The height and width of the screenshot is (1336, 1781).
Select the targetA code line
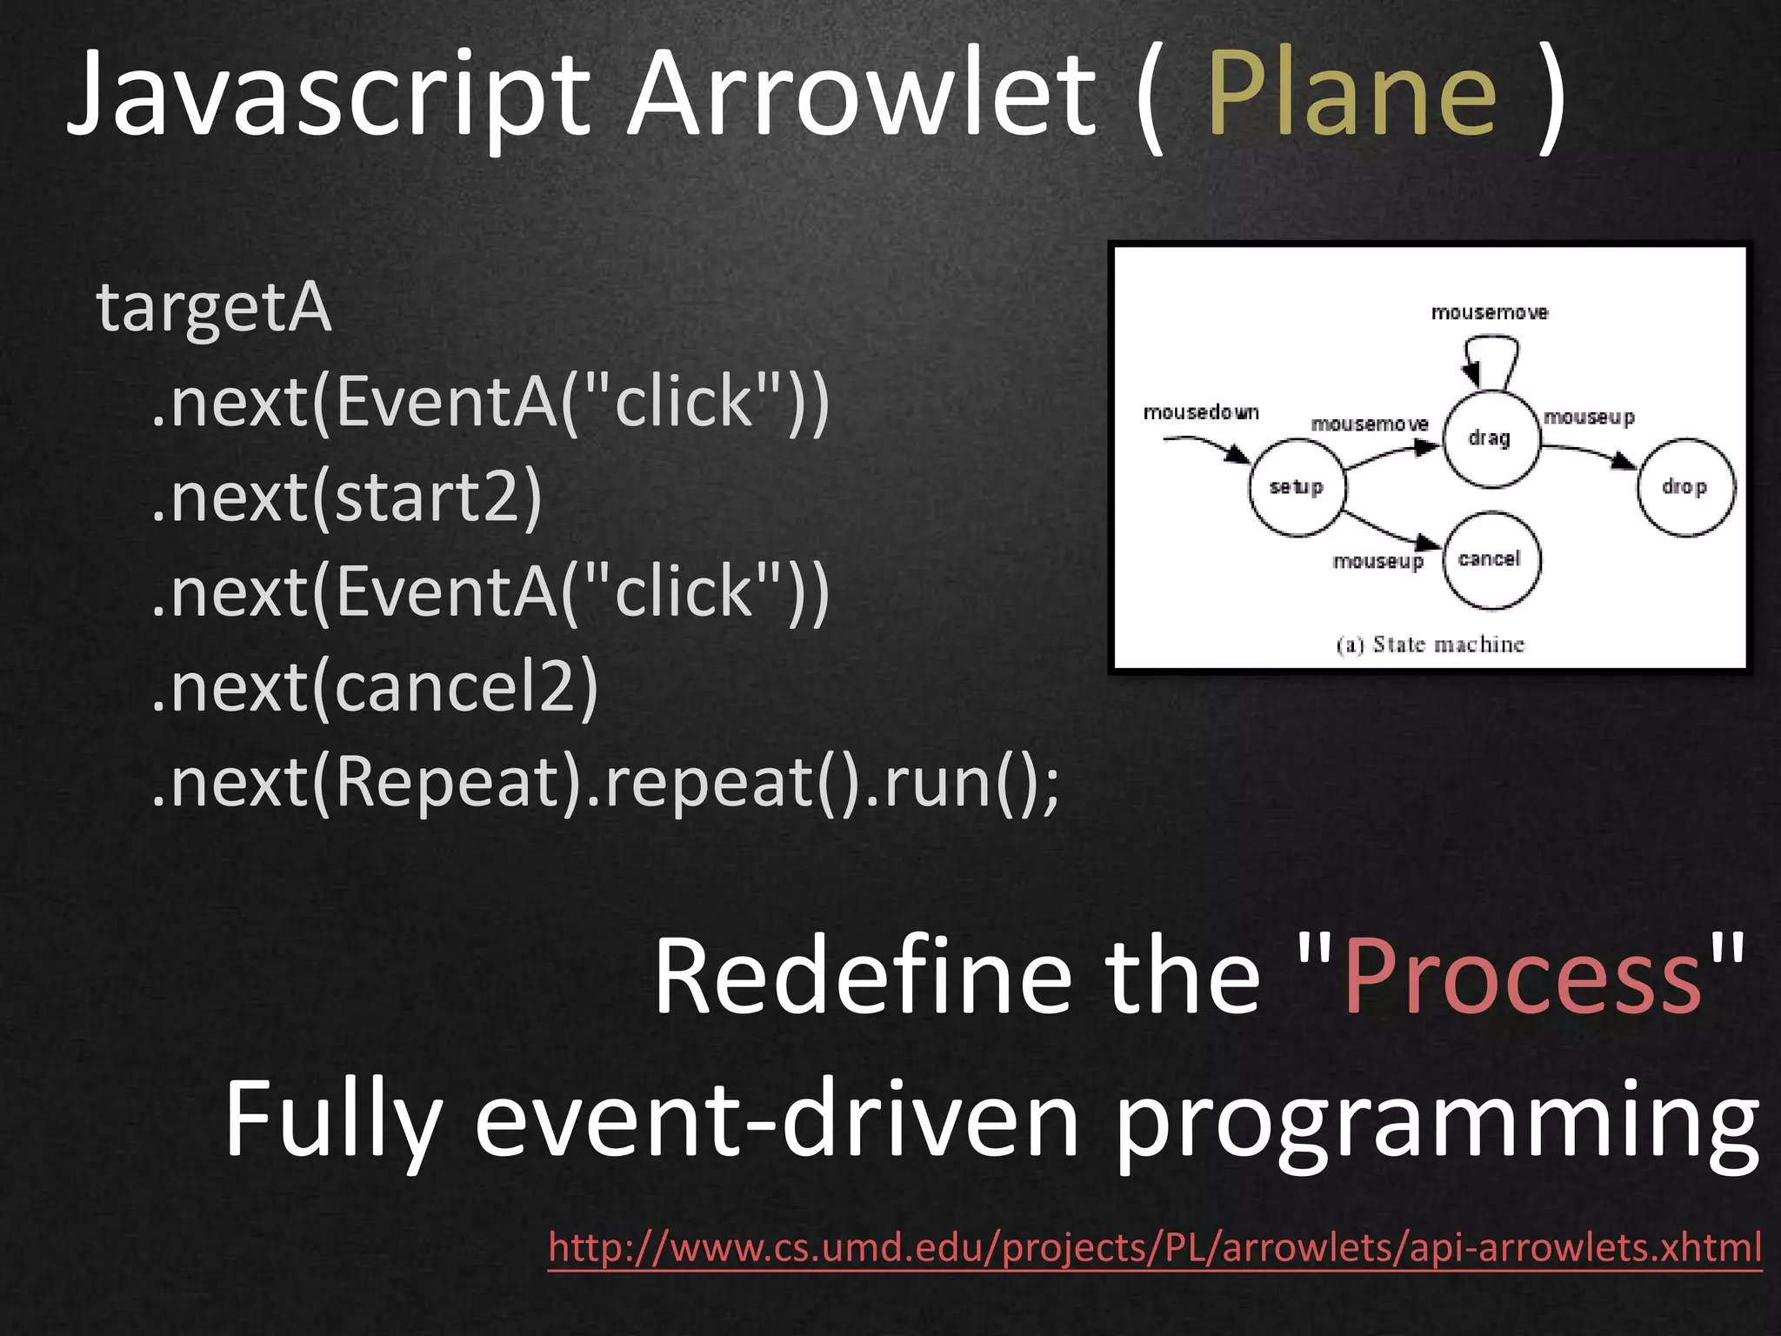pos(214,308)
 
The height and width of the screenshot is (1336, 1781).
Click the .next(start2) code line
pos(346,498)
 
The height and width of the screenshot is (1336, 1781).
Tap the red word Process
pos(1522,976)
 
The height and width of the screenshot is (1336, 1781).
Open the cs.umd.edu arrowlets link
pos(1155,1247)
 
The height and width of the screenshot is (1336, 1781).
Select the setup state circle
pos(1296,487)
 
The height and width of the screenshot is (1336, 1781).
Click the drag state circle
pos(1490,438)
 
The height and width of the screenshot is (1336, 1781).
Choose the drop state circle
pos(1684,487)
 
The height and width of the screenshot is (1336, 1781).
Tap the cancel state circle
pos(1490,558)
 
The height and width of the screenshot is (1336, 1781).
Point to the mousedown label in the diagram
pos(1201,412)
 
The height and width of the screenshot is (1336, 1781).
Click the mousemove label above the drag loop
pos(1490,312)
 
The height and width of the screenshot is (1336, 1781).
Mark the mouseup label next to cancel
pos(1378,562)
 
